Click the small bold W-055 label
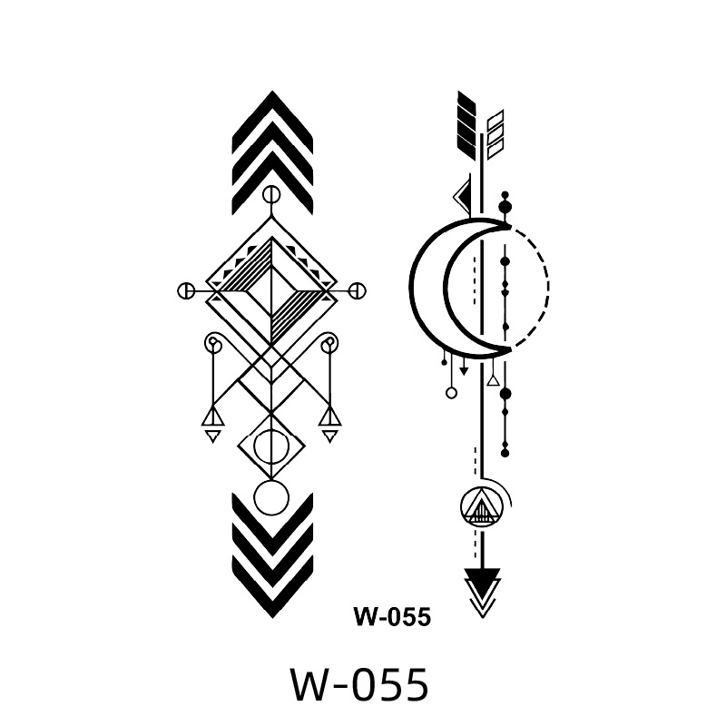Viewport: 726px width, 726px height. (x=392, y=616)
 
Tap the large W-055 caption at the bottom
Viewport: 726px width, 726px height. (x=358, y=685)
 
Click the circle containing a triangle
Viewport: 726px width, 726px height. (x=481, y=507)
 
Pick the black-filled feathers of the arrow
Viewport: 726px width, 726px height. (x=466, y=125)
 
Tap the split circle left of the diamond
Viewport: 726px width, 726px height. (x=186, y=291)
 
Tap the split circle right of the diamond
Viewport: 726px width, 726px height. (x=357, y=291)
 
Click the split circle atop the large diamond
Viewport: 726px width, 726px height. (x=271, y=196)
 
